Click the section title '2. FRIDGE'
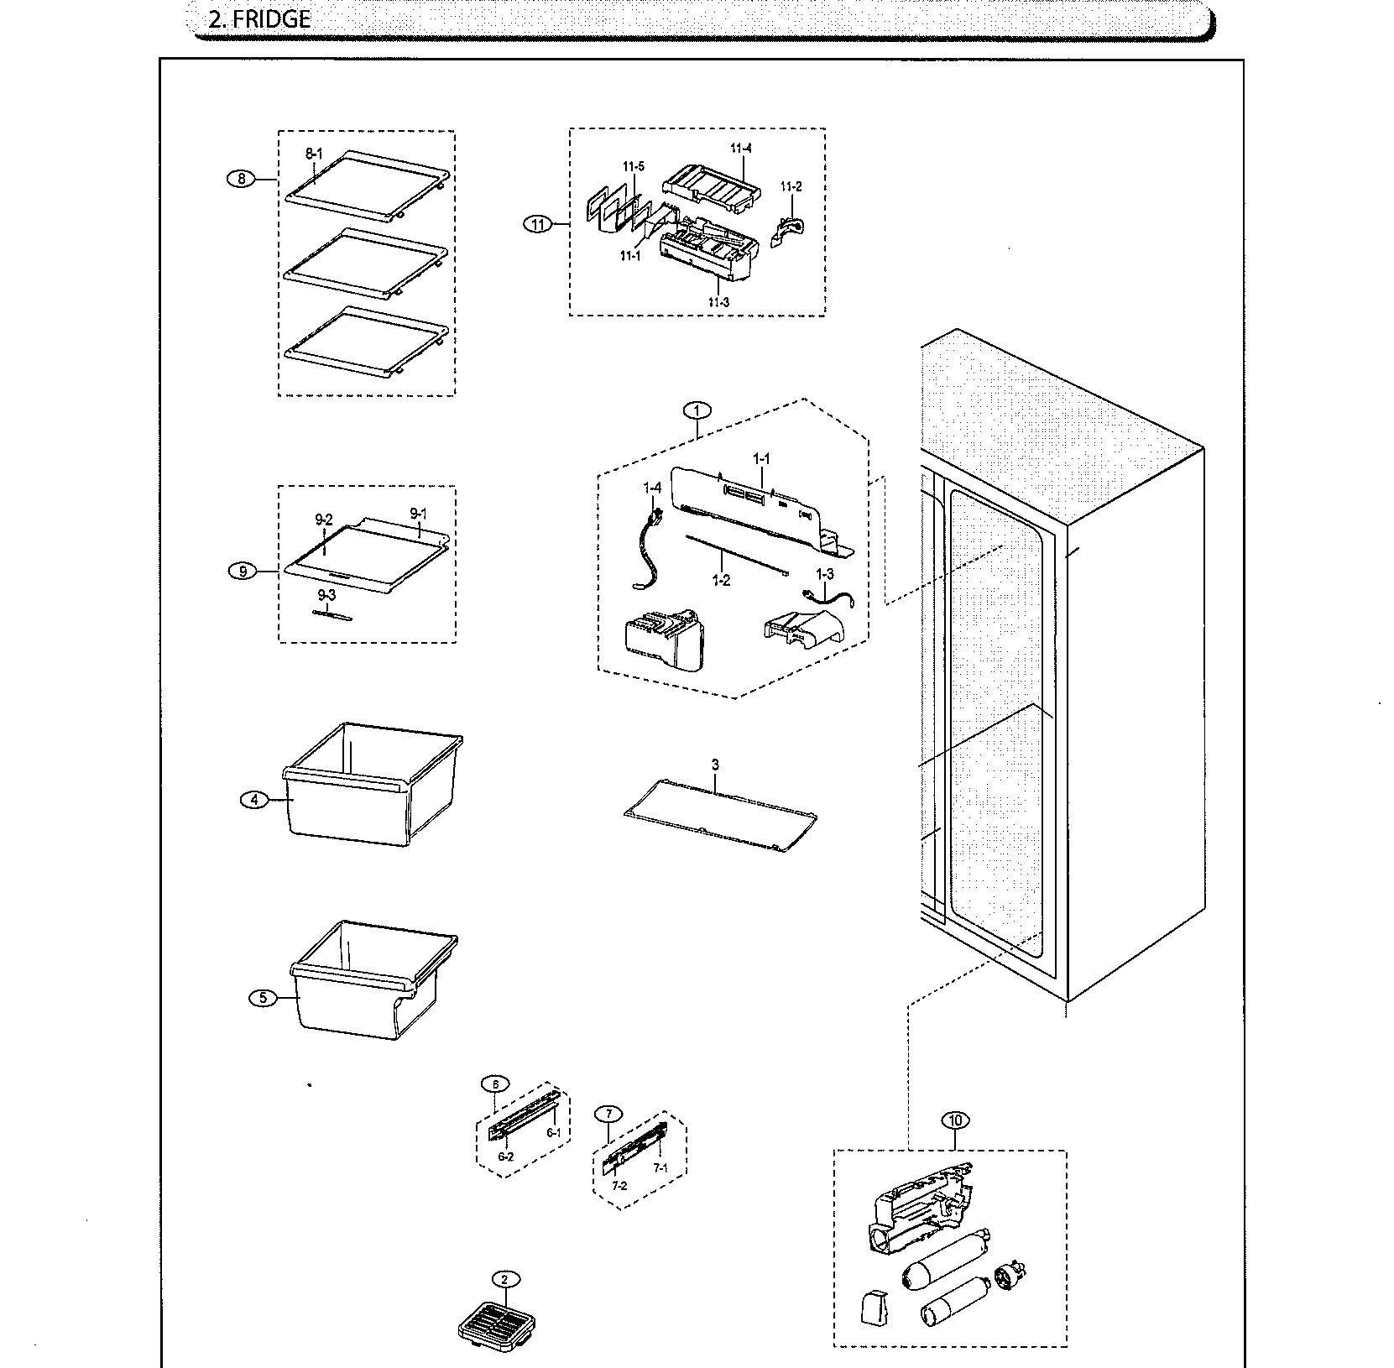(258, 20)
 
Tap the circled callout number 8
(242, 179)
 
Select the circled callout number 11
(537, 224)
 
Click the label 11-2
(791, 186)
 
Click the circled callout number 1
(696, 410)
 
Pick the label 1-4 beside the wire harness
(652, 487)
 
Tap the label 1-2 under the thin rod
(720, 581)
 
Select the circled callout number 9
(243, 572)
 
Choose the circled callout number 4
(254, 800)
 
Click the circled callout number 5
(263, 998)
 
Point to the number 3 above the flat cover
(715, 765)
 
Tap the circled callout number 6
(495, 1083)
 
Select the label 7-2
(619, 1185)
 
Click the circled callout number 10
(955, 1120)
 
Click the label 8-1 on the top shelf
(313, 154)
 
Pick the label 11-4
(740, 149)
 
